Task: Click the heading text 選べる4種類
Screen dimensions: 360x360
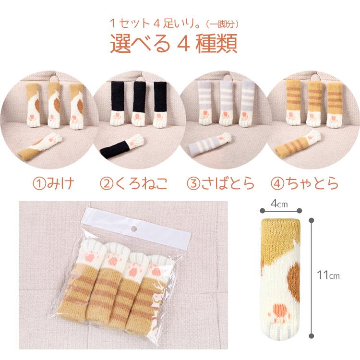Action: tap(174, 44)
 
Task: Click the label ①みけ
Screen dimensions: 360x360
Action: tap(53, 183)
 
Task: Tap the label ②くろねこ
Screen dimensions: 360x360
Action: tap(134, 183)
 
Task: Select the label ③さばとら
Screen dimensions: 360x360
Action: tap(221, 183)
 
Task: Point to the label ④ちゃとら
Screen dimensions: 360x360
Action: tap(304, 183)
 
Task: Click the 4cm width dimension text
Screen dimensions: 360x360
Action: tap(279, 204)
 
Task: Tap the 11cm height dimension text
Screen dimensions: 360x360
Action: tap(328, 275)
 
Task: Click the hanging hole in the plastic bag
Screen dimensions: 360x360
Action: tap(133, 228)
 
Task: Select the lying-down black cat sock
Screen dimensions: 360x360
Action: tap(122, 146)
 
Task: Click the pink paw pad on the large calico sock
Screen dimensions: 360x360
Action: tap(280, 311)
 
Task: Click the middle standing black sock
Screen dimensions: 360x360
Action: tap(138, 103)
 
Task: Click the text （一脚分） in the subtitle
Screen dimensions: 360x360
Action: tap(221, 24)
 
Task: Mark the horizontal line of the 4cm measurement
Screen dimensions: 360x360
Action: tap(281, 211)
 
